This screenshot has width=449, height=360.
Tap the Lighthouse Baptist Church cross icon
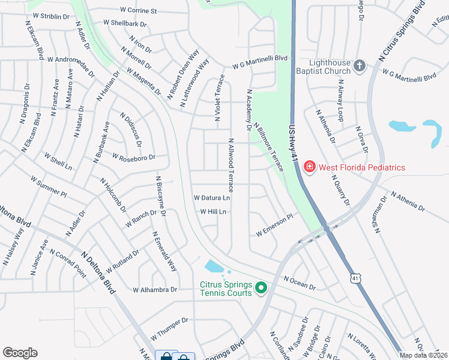pos(360,65)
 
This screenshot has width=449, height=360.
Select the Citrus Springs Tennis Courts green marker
pos(261,289)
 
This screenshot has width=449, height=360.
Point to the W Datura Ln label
pos(212,197)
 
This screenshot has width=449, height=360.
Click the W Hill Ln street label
pos(214,212)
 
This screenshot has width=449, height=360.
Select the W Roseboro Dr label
pos(133,157)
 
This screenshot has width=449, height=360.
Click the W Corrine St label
pos(138,10)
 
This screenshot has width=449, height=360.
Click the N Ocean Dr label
pos(300,283)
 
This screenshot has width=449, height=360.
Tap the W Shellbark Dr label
pos(125,23)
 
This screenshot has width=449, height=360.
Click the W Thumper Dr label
pos(170,326)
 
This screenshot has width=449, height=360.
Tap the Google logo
pos(20,353)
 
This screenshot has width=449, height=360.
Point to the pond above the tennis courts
pos(214,266)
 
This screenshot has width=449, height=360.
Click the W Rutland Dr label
pos(122,260)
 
